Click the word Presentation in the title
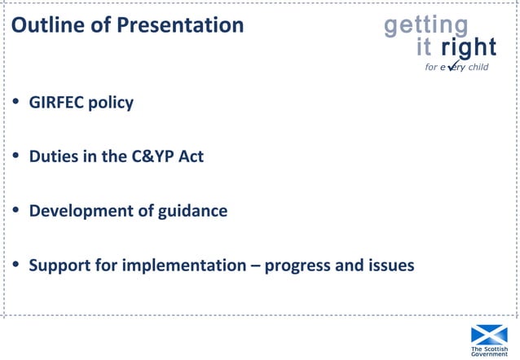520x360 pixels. click(180, 25)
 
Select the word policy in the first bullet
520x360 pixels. click(111, 104)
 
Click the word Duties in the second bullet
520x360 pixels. click(53, 157)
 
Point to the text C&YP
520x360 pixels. click(152, 157)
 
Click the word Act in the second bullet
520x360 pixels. click(190, 157)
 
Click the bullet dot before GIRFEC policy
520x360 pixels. click(15, 103)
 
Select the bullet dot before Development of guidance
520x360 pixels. click(15, 211)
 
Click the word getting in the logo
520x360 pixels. click(425, 25)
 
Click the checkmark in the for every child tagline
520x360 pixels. click(452, 66)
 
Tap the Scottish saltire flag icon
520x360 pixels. click(488, 334)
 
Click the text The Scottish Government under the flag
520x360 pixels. click(488, 351)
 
